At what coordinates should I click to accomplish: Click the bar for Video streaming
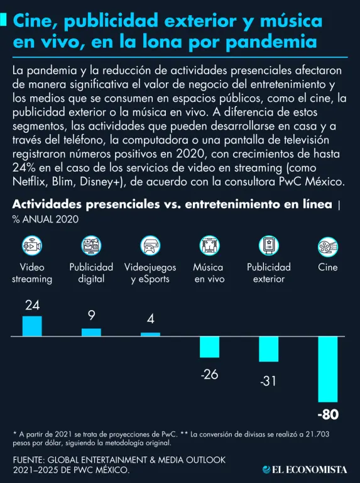(32, 326)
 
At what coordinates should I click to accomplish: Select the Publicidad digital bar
(91, 332)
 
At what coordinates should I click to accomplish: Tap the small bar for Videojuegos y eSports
(150, 334)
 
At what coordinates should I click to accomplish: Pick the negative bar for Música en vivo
(210, 347)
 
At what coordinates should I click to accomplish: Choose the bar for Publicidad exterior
(269, 349)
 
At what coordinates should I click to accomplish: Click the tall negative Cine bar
(328, 369)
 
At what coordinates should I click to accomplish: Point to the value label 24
(32, 305)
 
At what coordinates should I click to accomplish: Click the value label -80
(328, 414)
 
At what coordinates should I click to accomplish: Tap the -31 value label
(268, 381)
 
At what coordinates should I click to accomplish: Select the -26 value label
(209, 375)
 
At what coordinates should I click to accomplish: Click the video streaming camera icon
(32, 245)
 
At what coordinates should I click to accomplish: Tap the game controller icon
(150, 245)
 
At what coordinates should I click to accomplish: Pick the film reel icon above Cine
(328, 247)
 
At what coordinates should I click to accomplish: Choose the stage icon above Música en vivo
(210, 245)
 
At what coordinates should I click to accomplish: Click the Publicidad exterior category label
(269, 273)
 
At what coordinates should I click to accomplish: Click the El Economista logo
(305, 469)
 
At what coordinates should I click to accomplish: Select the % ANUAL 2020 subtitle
(45, 219)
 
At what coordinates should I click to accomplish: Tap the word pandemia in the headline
(271, 42)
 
